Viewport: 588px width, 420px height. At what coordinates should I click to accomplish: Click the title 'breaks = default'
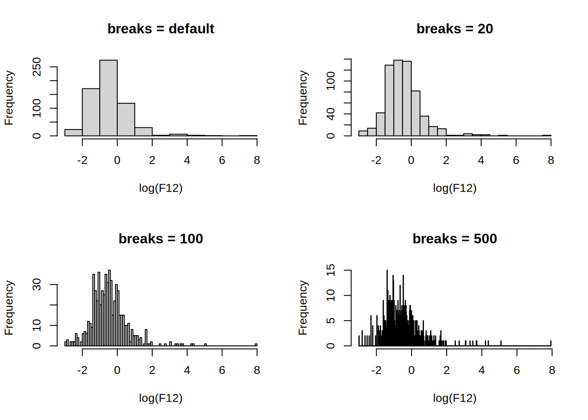pos(161,29)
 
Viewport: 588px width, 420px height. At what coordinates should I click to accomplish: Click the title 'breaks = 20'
pos(455,29)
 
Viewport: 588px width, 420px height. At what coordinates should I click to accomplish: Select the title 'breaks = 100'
pos(161,239)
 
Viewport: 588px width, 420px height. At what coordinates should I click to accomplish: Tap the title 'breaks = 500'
pos(455,239)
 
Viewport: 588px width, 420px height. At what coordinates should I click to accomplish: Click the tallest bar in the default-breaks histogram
pos(108,98)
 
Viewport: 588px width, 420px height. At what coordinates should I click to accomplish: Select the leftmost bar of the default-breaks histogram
pos(73,133)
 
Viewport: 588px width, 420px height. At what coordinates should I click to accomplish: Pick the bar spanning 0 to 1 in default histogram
pos(126,119)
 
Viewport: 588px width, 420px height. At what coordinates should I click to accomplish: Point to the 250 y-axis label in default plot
pos(37,67)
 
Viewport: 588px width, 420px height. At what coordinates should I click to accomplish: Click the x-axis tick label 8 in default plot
pos(257,161)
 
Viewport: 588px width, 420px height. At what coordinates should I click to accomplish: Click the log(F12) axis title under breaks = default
pos(161,188)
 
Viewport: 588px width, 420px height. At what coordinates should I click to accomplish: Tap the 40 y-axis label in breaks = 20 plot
pos(331,114)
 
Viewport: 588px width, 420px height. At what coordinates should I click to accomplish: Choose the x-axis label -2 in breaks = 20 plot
pos(376,161)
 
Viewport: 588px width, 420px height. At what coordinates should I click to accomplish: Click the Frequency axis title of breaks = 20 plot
pos(303,98)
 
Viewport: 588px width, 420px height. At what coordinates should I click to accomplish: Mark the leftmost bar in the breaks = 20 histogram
pos(363,133)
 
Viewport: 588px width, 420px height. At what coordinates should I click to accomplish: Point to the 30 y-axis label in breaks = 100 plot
pos(37,285)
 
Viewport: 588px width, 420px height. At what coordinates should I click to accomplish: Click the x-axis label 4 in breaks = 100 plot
pos(187,371)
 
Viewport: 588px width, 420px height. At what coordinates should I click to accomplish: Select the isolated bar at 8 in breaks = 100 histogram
pos(256,345)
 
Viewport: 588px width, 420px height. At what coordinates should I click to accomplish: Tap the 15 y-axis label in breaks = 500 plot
pos(331,270)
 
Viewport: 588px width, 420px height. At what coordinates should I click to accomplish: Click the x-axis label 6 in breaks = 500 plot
pos(517,371)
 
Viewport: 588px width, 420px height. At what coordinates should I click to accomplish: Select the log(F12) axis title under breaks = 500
pos(455,398)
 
